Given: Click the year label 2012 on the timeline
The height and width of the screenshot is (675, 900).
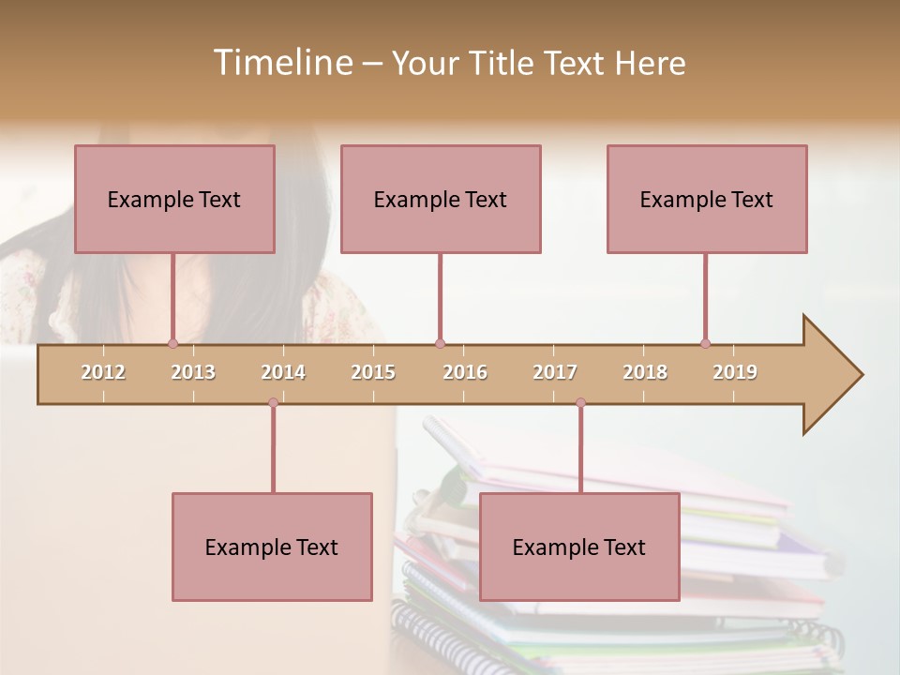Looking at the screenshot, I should (x=103, y=372).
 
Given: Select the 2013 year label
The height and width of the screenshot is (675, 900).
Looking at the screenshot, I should (x=193, y=372).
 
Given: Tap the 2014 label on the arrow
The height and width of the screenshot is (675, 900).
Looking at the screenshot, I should (x=283, y=372).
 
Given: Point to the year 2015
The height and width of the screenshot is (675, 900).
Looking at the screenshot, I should (x=373, y=372).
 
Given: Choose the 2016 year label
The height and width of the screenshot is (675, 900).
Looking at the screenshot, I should (x=465, y=372).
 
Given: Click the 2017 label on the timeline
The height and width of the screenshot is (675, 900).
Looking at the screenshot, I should (x=555, y=372).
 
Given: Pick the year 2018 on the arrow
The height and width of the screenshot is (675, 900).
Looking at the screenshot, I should (x=645, y=372).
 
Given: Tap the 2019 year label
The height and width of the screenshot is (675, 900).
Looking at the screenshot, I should (x=735, y=372).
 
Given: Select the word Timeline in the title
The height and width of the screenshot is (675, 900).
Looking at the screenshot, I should (x=280, y=63).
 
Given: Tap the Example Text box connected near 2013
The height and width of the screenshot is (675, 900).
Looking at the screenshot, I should (x=174, y=199).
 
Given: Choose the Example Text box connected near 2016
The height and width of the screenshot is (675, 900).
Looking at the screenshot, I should (x=441, y=199).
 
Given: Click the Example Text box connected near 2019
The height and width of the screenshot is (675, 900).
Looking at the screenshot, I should (x=707, y=199).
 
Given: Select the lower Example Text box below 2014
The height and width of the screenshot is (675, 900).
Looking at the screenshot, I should (x=272, y=547).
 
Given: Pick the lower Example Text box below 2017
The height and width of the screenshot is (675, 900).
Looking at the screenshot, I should (x=579, y=547).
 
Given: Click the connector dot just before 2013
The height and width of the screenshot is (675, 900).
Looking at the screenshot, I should (x=172, y=343).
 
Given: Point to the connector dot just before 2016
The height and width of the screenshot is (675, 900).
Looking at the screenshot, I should (x=440, y=343).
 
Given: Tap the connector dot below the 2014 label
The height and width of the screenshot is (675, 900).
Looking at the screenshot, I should (x=273, y=402).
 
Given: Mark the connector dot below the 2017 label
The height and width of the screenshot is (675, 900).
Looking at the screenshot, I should (x=580, y=402).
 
